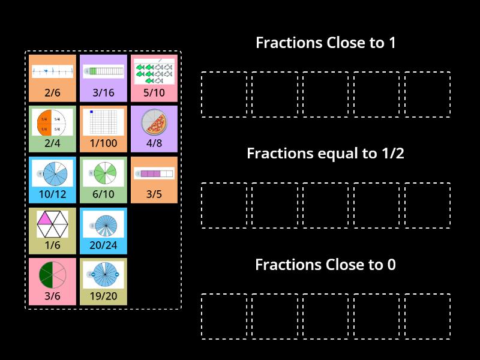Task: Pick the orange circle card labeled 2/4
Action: pos(52,129)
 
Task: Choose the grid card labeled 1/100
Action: pos(103,129)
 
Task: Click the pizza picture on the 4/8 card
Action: pos(154,124)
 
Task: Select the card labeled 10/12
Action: pos(52,180)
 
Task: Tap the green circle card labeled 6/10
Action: pos(103,180)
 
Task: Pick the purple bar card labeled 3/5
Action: pos(154,180)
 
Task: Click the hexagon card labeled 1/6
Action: pos(52,231)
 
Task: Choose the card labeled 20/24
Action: pos(103,231)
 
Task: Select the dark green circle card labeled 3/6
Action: pos(52,281)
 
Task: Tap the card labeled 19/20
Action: pos(103,281)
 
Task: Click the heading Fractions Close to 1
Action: pos(325,43)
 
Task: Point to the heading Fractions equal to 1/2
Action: pos(325,153)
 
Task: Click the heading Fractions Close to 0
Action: pos(325,265)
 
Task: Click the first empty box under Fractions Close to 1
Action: pos(224,94)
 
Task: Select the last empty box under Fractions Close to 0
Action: pos(427,316)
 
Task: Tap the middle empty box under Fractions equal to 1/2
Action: pos(325,205)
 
